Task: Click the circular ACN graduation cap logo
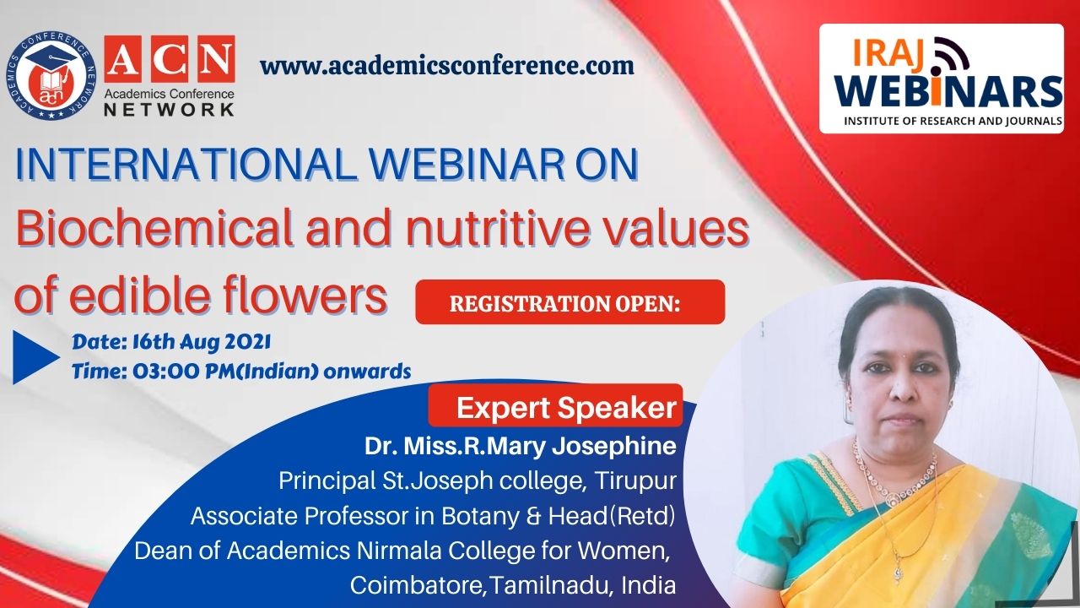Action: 51,76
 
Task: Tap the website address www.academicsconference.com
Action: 447,65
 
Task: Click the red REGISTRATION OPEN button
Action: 570,302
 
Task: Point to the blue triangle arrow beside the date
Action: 35,357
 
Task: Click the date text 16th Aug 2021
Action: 202,342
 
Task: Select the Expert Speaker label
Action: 566,408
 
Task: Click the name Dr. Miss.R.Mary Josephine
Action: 521,446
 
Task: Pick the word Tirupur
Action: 635,480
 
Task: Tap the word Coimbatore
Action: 417,585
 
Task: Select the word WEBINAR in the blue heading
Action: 467,165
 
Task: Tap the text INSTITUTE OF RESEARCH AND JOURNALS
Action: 953,121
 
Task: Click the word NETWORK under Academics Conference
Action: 169,109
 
